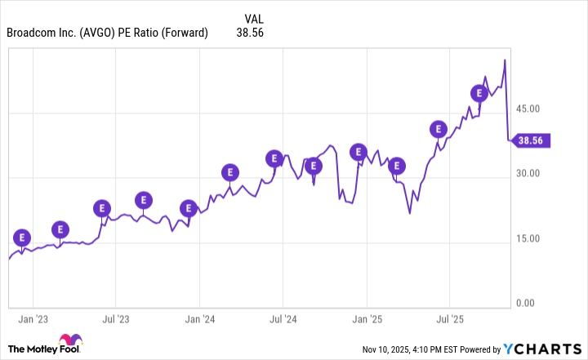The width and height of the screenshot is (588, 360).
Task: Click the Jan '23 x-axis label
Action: click(x=33, y=319)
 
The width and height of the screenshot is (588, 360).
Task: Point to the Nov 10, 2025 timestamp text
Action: click(x=418, y=350)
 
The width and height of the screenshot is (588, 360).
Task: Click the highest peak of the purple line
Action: click(x=505, y=60)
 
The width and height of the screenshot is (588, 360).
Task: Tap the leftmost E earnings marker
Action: click(x=22, y=238)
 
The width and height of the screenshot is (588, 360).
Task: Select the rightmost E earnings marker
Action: click(x=479, y=93)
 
